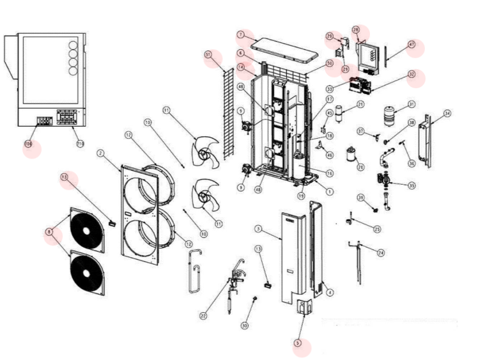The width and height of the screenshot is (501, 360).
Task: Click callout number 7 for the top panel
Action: (241, 34)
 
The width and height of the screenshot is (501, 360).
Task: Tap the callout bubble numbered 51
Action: (208, 55)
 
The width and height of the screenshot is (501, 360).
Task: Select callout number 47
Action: (412, 45)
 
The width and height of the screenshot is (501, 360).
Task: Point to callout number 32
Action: (412, 74)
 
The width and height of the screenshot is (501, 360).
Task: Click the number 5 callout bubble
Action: (297, 343)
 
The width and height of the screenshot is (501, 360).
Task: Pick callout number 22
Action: (204, 315)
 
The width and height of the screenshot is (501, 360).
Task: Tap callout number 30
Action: (244, 325)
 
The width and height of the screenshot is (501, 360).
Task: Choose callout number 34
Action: (447, 113)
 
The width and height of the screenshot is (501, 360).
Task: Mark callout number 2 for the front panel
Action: (100, 153)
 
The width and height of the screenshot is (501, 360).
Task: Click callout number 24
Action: (381, 253)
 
